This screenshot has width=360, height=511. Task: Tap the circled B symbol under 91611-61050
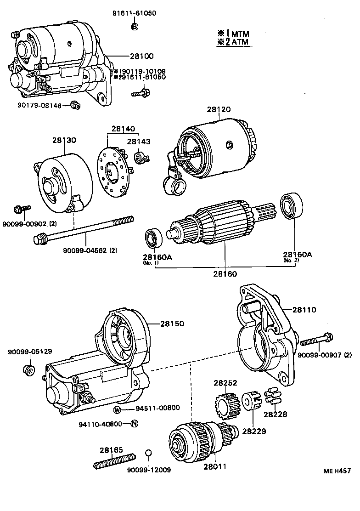pyautogui.click(x=135, y=27)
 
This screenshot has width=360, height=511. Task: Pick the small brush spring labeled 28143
pyautogui.click(x=140, y=159)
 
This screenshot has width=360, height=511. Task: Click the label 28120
pyautogui.click(x=219, y=110)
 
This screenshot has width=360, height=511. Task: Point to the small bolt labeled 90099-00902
pyautogui.click(x=22, y=210)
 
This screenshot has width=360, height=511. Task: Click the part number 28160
pyautogui.click(x=225, y=274)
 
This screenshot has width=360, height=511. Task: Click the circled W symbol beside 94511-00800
pyautogui.click(x=118, y=409)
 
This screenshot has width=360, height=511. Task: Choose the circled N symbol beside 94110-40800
pyautogui.click(x=134, y=424)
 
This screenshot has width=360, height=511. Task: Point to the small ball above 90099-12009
pyautogui.click(x=148, y=454)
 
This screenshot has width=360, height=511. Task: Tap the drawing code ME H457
pyautogui.click(x=337, y=470)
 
